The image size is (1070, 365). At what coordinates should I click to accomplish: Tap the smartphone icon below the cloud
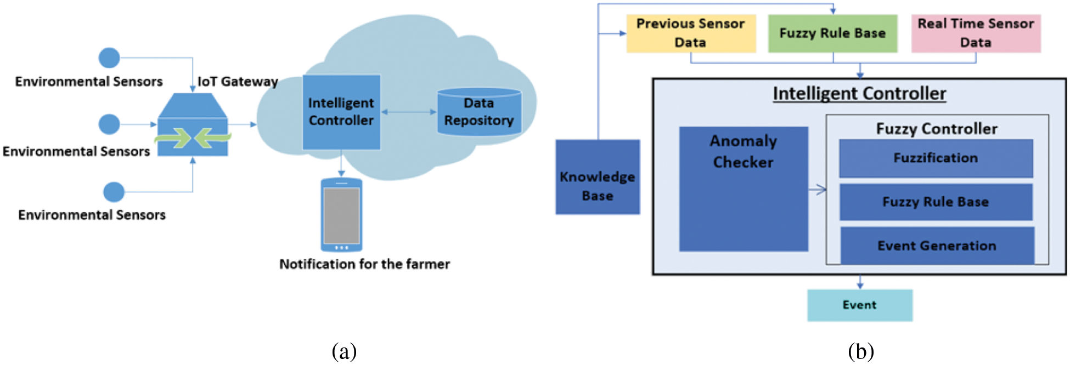pos(341,215)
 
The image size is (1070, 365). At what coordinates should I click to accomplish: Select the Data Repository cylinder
pos(479,112)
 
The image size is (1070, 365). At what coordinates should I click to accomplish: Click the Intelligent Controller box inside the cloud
pos(341,112)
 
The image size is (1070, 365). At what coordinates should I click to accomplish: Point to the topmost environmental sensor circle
pos(109,58)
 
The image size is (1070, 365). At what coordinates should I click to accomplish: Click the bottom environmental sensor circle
pos(114,192)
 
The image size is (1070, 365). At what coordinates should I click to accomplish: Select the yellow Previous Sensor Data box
pos(691,33)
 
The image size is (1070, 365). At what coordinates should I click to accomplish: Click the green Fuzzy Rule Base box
pos(832,33)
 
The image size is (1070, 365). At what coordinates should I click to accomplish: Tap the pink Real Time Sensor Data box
pos(976,33)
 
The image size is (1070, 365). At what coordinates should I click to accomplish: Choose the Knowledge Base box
pos(598,177)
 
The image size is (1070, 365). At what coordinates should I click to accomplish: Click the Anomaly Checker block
pos(744,189)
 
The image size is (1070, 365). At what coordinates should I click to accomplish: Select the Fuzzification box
pos(936,158)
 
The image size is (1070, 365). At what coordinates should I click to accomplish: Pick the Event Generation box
pos(937,246)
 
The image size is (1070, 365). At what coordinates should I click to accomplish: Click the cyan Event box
pos(859,305)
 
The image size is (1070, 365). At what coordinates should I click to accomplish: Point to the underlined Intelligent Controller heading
pos(859,94)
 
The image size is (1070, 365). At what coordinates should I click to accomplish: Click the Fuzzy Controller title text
pos(937,129)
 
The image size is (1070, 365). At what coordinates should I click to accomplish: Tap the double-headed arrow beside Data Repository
pos(409,112)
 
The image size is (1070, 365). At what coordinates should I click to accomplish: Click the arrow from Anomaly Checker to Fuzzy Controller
pos(818,190)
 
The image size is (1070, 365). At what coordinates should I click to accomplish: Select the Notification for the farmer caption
pos(364,264)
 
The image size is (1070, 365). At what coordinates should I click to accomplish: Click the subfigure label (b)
pos(860,351)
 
